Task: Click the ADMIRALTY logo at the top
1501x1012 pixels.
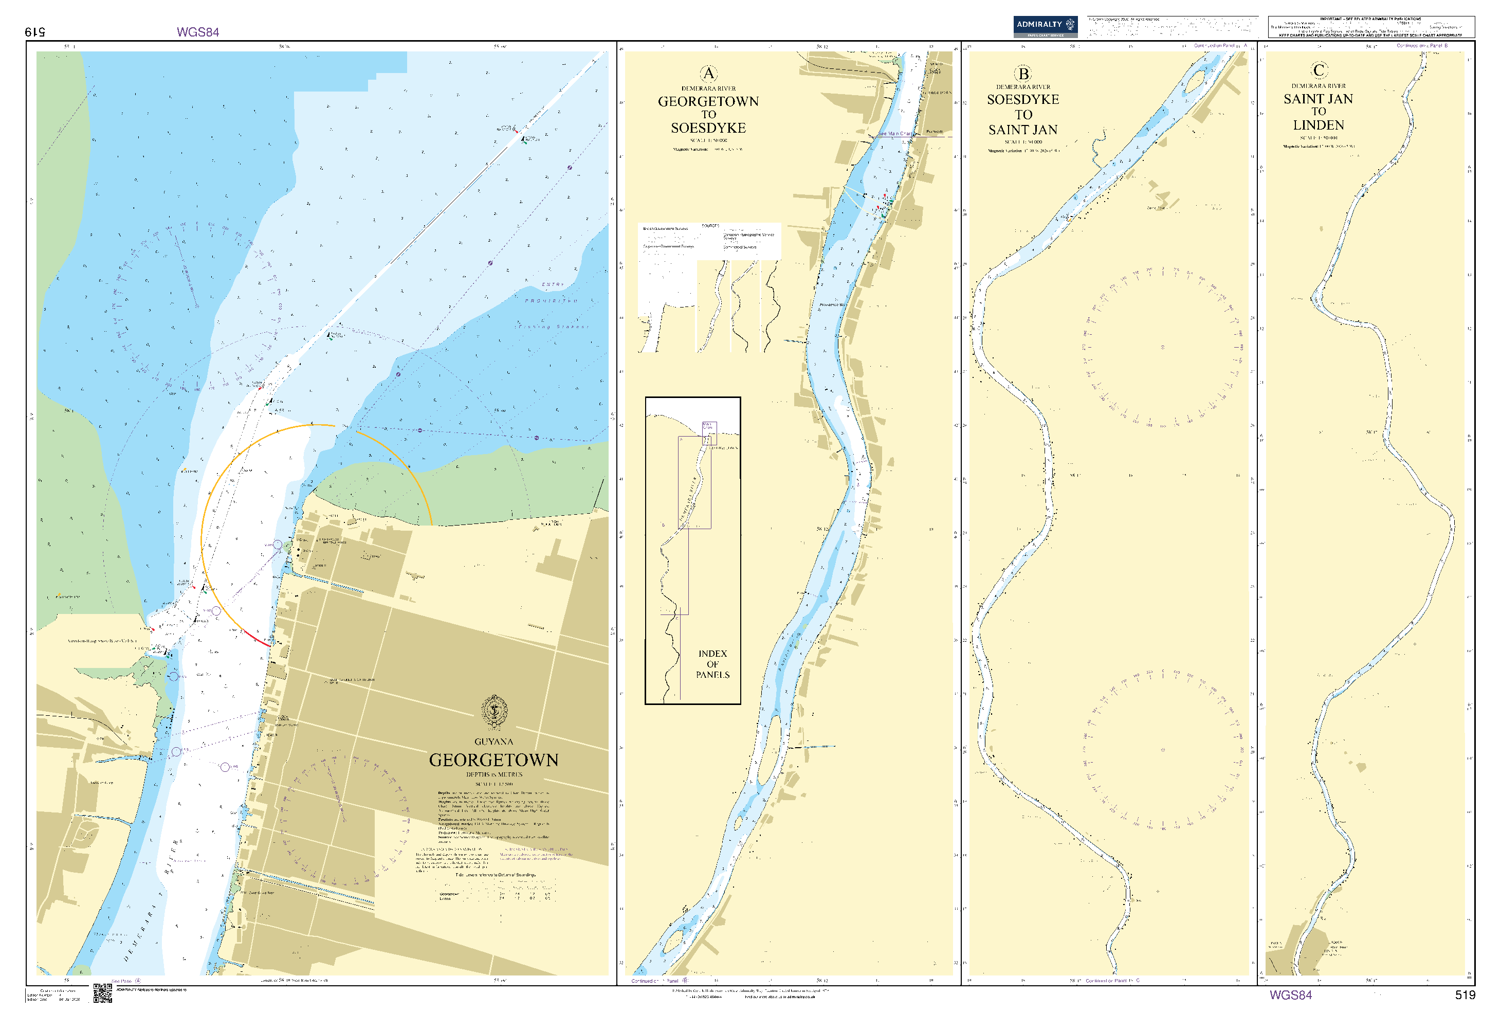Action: tap(1045, 26)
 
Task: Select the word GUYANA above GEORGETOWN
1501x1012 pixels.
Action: tap(493, 742)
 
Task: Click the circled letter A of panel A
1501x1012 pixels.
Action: tap(708, 73)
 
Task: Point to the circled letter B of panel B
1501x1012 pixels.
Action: tap(1023, 74)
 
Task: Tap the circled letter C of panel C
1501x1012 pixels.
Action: tap(1319, 70)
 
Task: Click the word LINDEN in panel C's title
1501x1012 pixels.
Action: tap(1318, 125)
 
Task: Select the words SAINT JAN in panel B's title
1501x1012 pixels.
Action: tap(1023, 130)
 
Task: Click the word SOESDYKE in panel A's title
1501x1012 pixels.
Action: tap(708, 128)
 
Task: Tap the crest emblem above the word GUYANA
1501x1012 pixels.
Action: tap(494, 712)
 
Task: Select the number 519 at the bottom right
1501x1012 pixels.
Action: tap(1465, 995)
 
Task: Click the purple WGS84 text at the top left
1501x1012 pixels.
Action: tap(197, 32)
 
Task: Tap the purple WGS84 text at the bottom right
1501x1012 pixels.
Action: tap(1290, 995)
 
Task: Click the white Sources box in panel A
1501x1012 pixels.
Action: tap(709, 241)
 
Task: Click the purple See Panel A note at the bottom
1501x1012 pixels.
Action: tap(126, 981)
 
